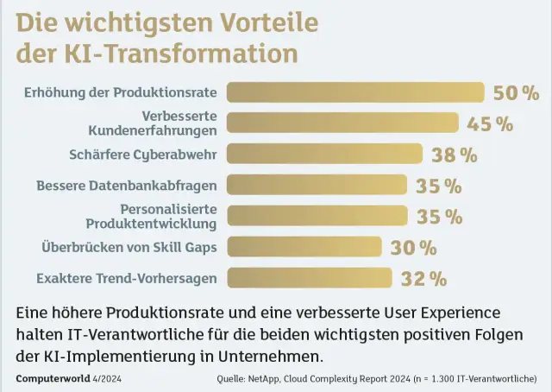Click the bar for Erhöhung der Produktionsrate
click(355, 92)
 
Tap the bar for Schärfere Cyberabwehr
click(325, 155)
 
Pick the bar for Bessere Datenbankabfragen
click(317, 185)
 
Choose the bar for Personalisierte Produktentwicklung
click(317, 216)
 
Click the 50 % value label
click(517, 93)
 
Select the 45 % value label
click(490, 123)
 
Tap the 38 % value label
click(454, 155)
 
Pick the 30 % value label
click(413, 248)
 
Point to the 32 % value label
click(423, 279)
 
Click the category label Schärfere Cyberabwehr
click(142, 155)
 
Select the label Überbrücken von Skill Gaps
click(129, 248)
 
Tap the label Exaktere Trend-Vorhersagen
click(126, 278)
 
